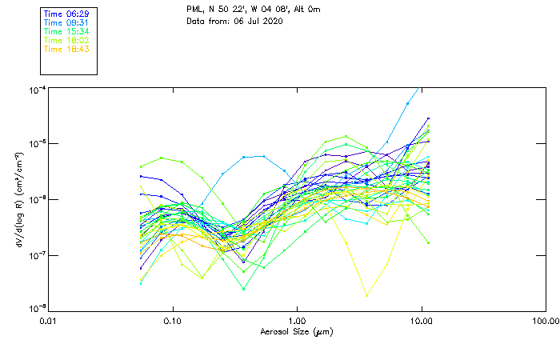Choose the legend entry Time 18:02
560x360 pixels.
66,40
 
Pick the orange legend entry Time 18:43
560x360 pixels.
66,49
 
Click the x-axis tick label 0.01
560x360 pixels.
48,321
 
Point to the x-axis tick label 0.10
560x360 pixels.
172,321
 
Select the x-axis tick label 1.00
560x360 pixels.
297,321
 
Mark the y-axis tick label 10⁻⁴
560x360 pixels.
36,88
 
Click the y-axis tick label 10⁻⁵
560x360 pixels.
36,143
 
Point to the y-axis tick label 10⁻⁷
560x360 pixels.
36,254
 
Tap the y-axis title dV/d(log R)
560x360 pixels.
18,198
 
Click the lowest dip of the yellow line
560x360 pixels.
367,296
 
